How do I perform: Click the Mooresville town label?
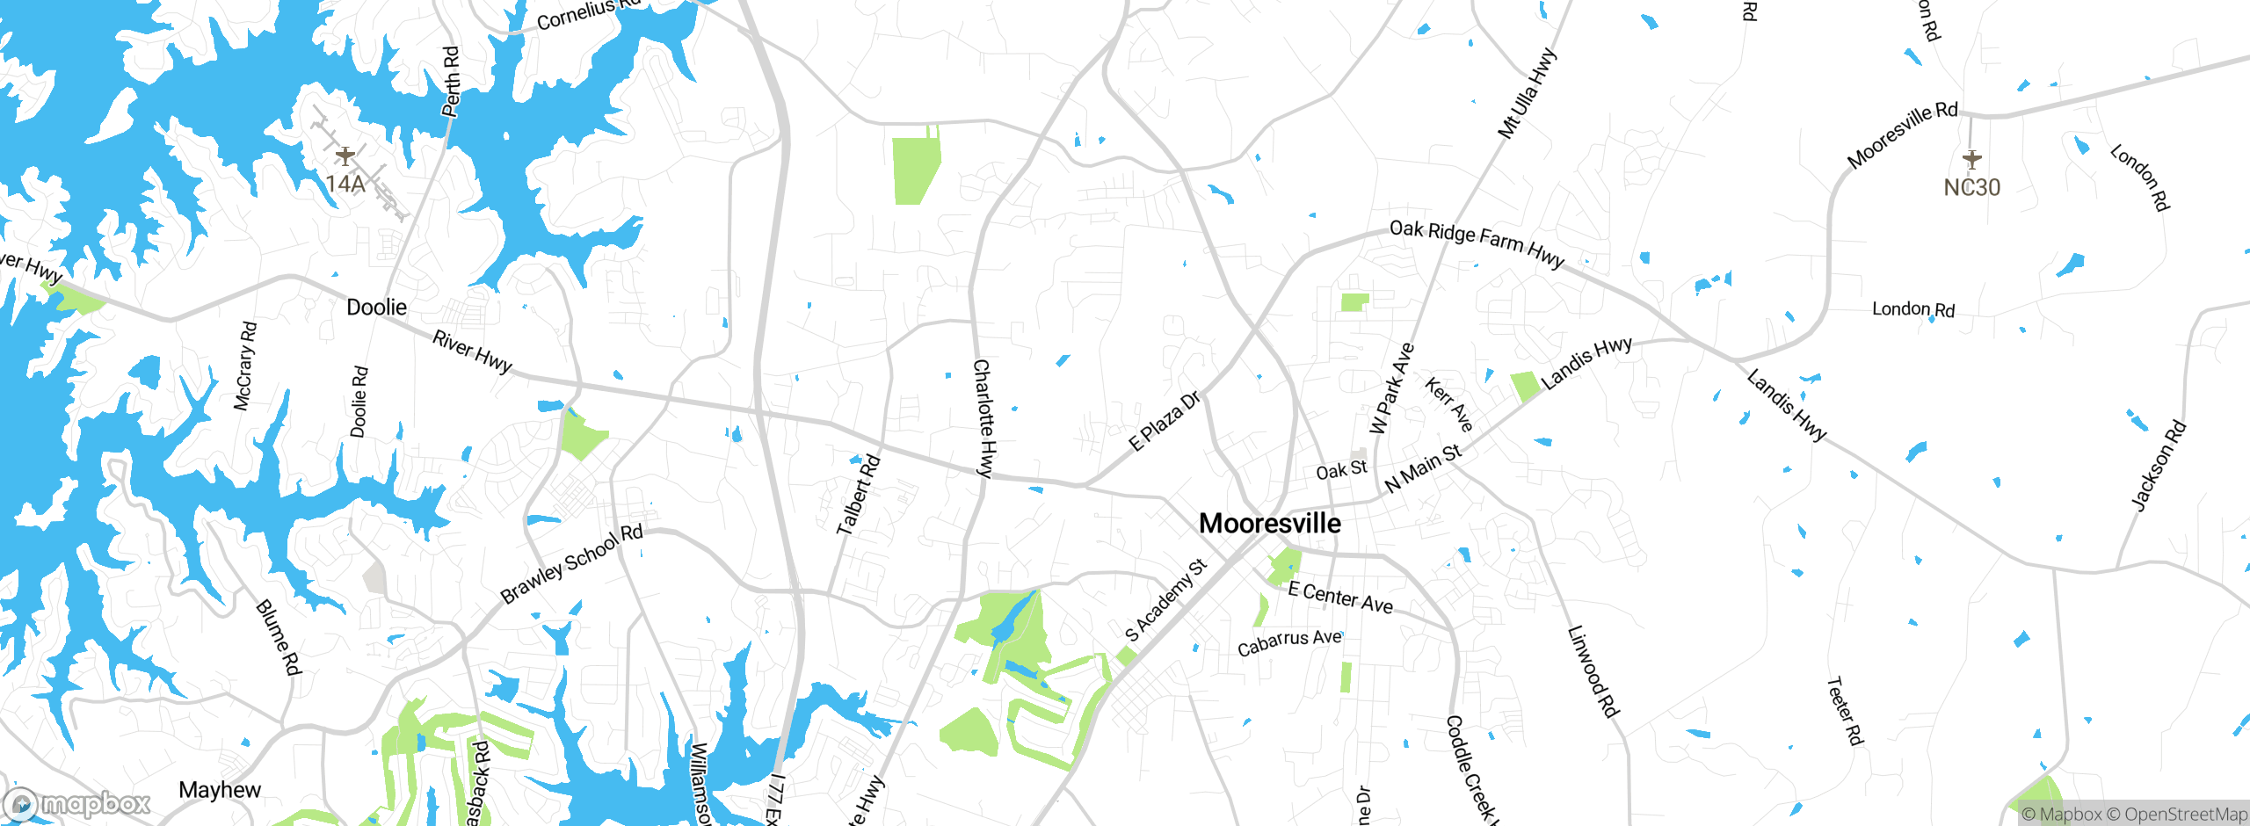click(x=1270, y=524)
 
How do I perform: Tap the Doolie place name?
click(x=376, y=308)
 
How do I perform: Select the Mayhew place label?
click(x=220, y=790)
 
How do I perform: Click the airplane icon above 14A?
click(x=345, y=156)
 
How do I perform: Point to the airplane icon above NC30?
click(x=1972, y=159)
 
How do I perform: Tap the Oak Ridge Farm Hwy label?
click(x=1477, y=243)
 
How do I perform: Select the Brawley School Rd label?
click(x=571, y=564)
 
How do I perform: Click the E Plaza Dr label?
click(x=1165, y=422)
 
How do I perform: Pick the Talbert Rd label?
click(x=858, y=494)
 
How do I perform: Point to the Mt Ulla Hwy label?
click(x=1527, y=93)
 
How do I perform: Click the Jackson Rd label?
click(x=2159, y=466)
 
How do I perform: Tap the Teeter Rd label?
click(x=1844, y=711)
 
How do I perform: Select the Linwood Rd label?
click(x=1593, y=671)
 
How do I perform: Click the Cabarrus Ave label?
click(x=1289, y=642)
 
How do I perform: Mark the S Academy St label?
click(x=1166, y=600)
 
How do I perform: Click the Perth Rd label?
click(x=451, y=82)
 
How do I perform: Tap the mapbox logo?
click(x=77, y=804)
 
